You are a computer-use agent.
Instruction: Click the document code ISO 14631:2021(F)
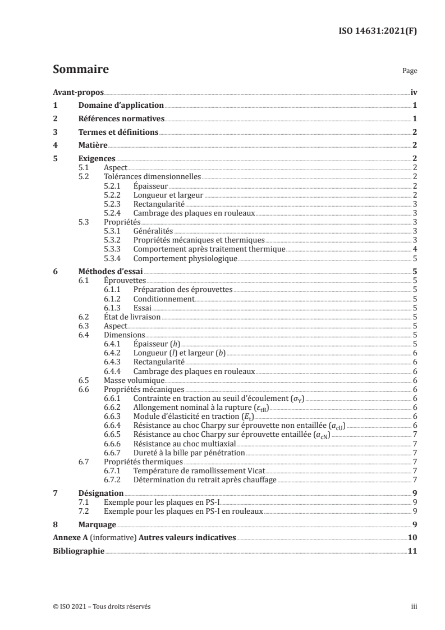click(x=374, y=31)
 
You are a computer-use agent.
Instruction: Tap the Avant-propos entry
click(x=75, y=92)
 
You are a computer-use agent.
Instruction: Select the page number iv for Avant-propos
click(x=413, y=92)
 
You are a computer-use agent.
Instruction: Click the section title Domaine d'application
click(x=121, y=105)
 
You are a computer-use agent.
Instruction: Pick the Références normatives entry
click(x=121, y=118)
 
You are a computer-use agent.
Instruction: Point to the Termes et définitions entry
click(x=118, y=132)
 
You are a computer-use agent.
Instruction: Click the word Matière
click(x=93, y=145)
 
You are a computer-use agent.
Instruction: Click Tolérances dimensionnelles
click(x=153, y=176)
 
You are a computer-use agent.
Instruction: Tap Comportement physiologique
click(x=185, y=258)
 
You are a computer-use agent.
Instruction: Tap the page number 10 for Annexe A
click(x=412, y=538)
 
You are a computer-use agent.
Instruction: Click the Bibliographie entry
click(x=79, y=551)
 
